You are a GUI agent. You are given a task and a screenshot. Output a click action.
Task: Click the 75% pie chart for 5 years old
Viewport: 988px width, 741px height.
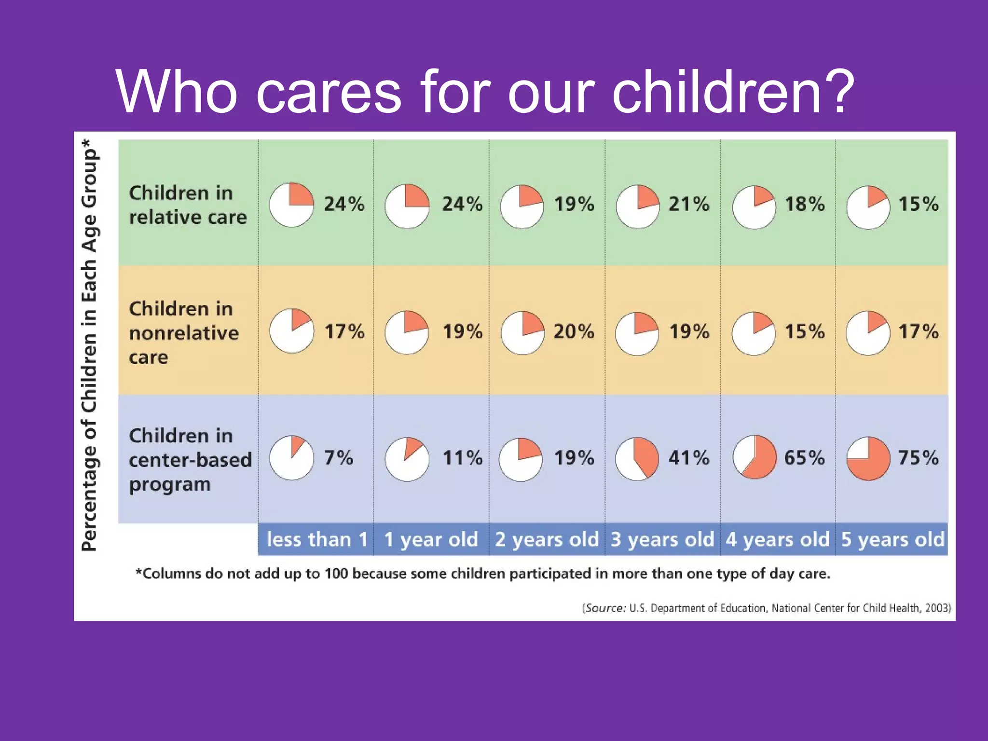(x=868, y=458)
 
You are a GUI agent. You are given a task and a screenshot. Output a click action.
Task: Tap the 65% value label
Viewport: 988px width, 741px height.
(x=804, y=457)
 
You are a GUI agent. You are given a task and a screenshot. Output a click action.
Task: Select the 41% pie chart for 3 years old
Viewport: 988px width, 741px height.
(x=637, y=458)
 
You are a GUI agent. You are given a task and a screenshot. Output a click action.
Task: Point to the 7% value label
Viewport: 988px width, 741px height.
(x=338, y=457)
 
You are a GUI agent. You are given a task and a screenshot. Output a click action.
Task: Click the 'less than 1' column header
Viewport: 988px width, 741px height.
(x=317, y=539)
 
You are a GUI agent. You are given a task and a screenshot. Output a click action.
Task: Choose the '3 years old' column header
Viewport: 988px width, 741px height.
(x=662, y=539)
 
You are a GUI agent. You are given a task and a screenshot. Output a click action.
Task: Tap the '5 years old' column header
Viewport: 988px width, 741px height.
(x=892, y=539)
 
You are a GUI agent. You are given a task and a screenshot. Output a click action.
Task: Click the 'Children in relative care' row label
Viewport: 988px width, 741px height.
(x=187, y=205)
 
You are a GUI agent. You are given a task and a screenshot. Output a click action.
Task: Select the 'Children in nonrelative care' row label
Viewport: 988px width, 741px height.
(x=183, y=333)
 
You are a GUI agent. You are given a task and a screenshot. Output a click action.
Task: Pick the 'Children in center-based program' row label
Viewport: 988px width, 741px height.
(x=190, y=459)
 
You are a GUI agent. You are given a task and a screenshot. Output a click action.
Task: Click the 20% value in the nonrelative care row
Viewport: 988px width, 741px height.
(x=574, y=331)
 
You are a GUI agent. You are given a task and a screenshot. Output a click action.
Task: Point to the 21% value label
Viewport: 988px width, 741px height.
(x=688, y=204)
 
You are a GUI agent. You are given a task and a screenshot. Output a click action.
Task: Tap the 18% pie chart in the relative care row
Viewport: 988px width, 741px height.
(x=754, y=207)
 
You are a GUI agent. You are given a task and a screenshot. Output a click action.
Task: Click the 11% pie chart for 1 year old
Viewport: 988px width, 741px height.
(x=407, y=459)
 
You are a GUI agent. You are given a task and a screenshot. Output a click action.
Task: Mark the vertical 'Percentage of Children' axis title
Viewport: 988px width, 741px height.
(x=90, y=345)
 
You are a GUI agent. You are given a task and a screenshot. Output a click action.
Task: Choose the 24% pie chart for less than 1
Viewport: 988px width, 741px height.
(x=291, y=205)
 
